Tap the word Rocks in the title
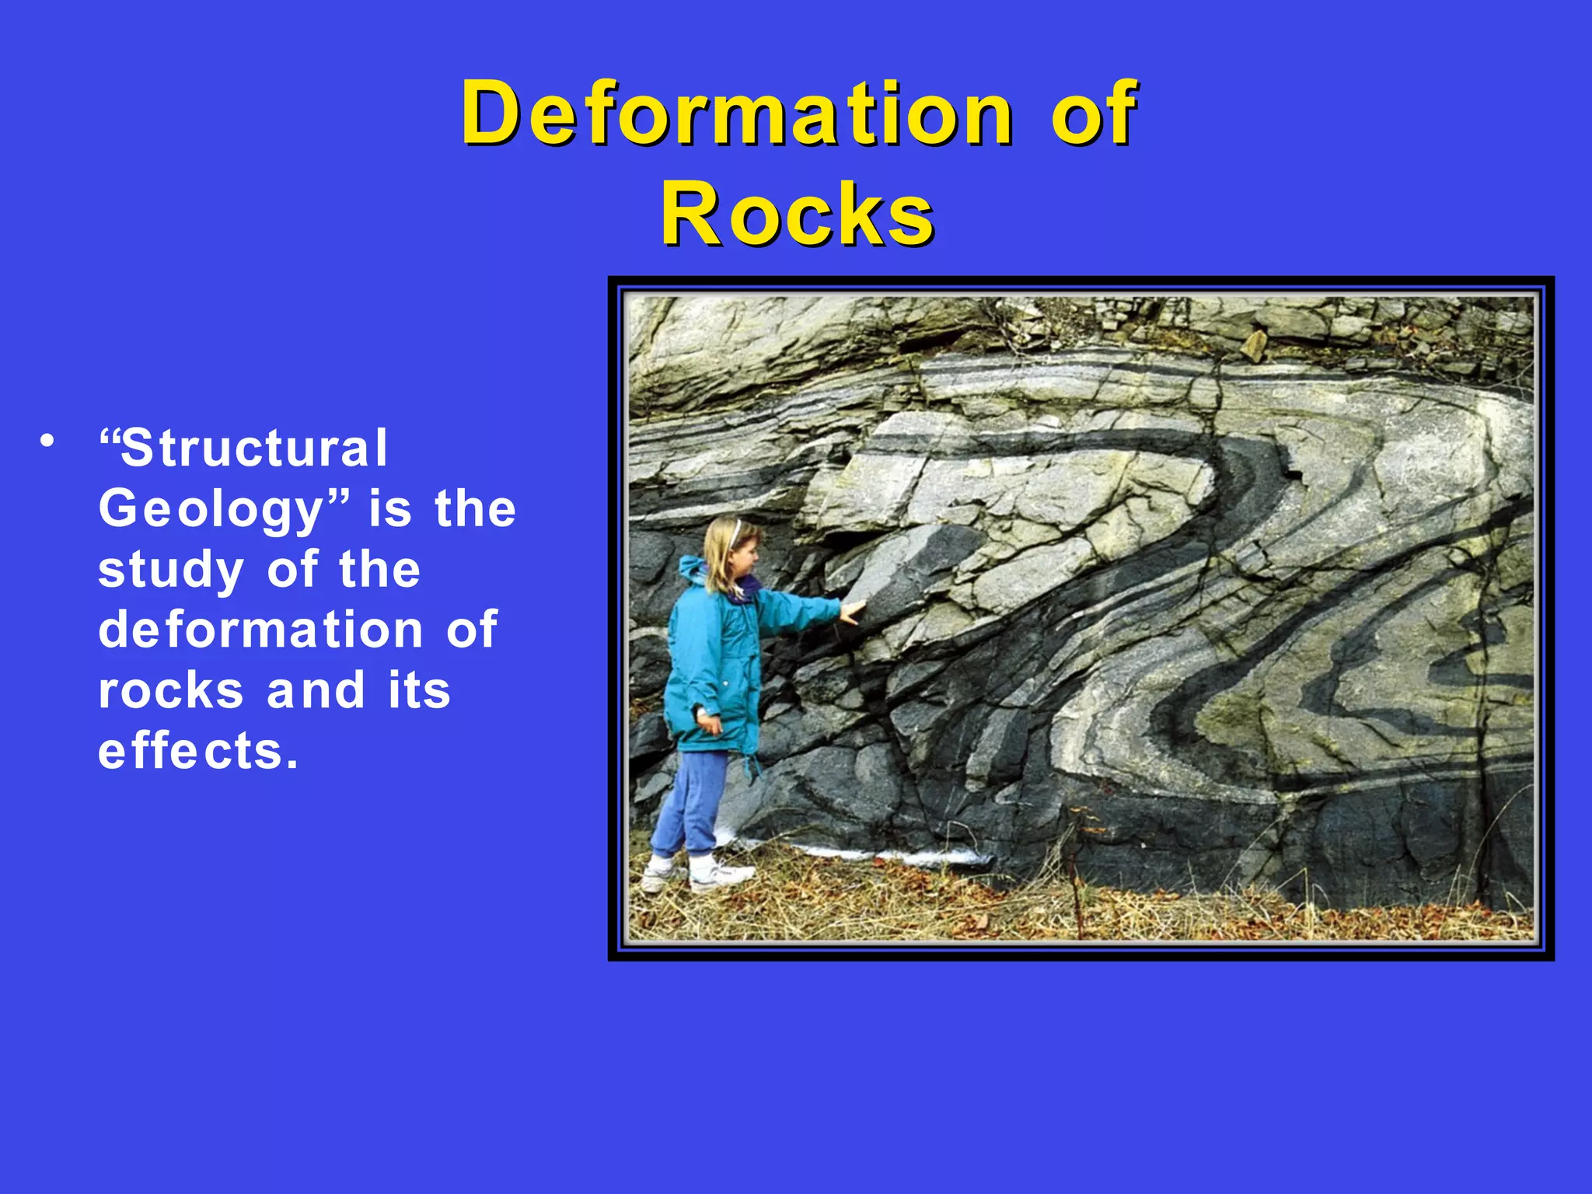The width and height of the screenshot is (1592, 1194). click(x=798, y=215)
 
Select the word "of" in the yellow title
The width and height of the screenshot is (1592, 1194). click(x=1094, y=115)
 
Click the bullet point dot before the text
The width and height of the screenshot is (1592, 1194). click(x=48, y=441)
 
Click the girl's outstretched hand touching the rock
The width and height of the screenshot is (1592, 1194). click(x=853, y=612)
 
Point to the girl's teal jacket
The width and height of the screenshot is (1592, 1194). click(x=719, y=661)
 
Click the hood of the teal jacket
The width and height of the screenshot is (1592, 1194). click(x=690, y=571)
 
